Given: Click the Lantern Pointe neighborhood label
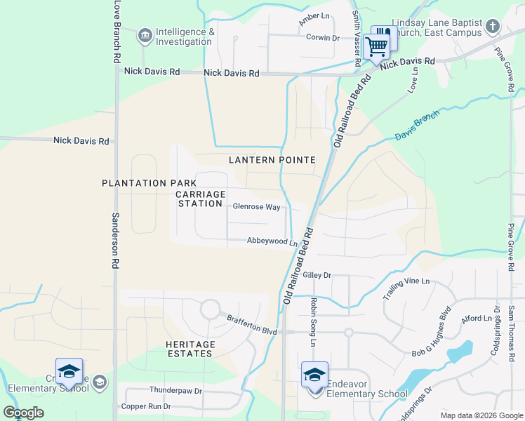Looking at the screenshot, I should click(272, 161).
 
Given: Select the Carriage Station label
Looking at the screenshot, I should click(201, 199).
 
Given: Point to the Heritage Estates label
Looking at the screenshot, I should click(190, 349).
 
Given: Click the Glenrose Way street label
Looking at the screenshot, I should click(256, 207).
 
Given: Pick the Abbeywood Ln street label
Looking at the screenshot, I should click(272, 241).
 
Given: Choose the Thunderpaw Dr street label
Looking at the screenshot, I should click(175, 390).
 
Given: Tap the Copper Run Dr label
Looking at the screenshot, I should click(146, 406).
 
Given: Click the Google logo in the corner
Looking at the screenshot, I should click(23, 413).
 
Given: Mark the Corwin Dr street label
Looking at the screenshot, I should click(323, 38).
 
